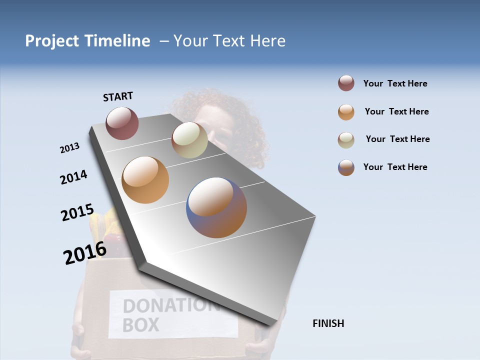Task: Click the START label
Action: [x=118, y=96]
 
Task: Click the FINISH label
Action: [x=328, y=323]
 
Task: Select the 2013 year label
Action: [x=69, y=148]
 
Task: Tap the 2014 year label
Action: [x=73, y=177]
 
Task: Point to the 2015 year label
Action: [x=77, y=212]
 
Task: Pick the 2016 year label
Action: [x=85, y=252]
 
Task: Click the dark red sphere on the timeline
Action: [x=122, y=123]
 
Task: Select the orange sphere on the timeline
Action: [x=145, y=180]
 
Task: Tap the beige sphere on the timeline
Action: [x=189, y=140]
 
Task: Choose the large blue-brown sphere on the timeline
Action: [x=216, y=207]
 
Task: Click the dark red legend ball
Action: [x=346, y=83]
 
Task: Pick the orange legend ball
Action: [x=346, y=112]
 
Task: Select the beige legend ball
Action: [x=346, y=139]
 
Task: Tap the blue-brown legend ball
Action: [x=346, y=167]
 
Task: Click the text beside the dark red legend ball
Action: [x=395, y=83]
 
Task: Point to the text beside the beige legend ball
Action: [x=397, y=139]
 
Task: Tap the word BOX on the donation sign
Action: [x=140, y=324]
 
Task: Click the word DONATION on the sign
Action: [x=167, y=305]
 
